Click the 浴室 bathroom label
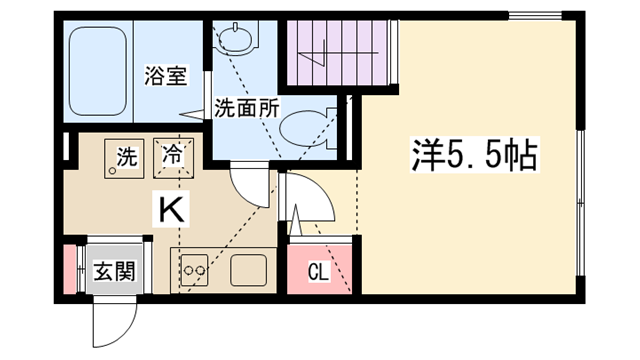(166, 76)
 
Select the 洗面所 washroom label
(247, 109)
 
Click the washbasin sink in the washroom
(236, 39)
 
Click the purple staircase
(337, 53)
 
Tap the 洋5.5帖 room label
(474, 155)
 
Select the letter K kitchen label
(171, 210)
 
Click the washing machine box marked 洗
(124, 158)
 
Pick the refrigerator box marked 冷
(173, 158)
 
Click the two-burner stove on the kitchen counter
(194, 270)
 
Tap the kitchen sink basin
(249, 270)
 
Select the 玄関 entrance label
(114, 271)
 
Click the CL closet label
(318, 272)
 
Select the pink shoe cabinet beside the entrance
(70, 269)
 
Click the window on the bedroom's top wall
(536, 16)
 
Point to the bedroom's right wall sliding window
(580, 203)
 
